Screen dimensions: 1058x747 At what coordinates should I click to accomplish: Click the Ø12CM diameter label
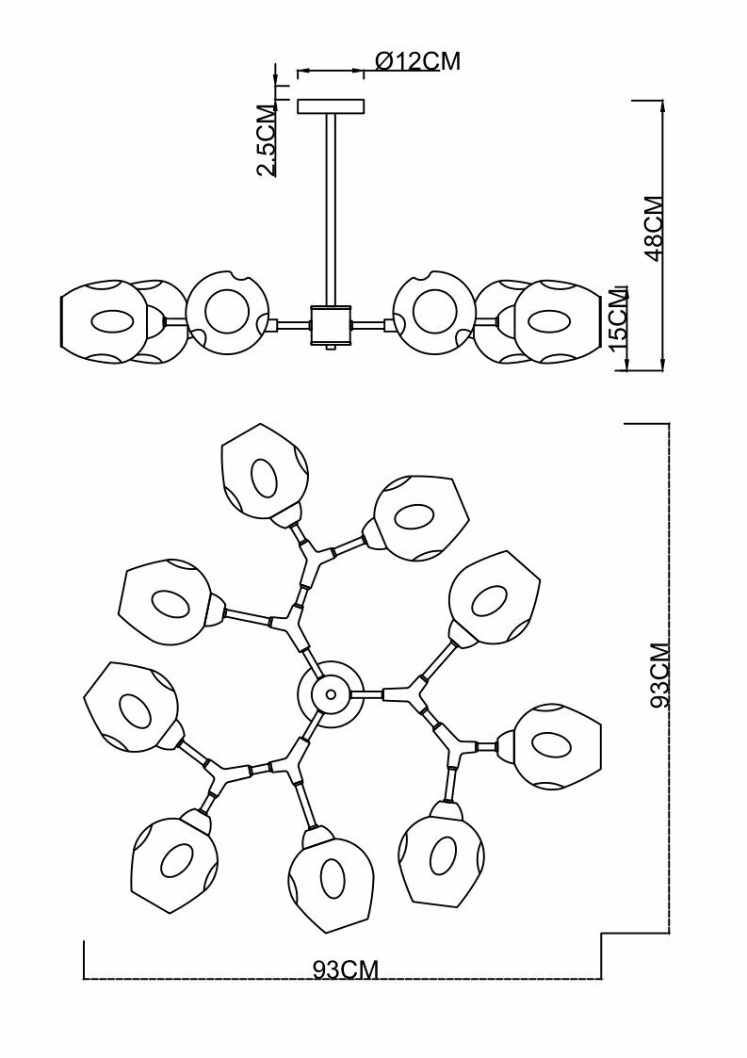pos(417,61)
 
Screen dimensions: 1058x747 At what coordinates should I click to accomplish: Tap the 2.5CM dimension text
pos(268,141)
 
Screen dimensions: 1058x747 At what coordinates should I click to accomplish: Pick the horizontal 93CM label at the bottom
pos(346,969)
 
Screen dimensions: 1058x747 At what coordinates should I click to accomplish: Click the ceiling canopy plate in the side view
pos(330,106)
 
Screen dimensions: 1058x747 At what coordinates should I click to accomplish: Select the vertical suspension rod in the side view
pos(331,207)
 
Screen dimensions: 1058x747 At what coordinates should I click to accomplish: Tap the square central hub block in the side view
pos(331,325)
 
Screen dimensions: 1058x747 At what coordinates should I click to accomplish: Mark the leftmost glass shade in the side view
pos(104,320)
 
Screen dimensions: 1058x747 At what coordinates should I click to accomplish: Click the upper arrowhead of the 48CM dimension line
pos(664,106)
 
